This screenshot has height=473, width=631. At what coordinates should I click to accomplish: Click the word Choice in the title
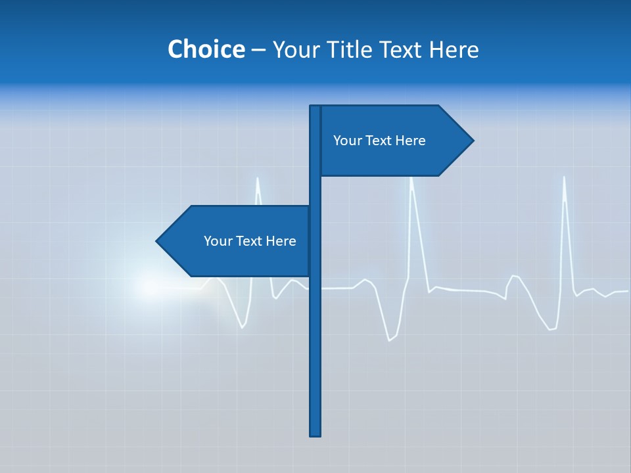206,49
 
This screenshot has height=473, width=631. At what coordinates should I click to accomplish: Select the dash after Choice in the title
258,50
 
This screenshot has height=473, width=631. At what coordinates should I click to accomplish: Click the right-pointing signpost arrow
394,141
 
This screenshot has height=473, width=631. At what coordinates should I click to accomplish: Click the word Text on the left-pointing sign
249,241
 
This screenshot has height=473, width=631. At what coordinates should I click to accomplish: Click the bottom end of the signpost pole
315,434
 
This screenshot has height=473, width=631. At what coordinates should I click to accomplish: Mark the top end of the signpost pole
315,107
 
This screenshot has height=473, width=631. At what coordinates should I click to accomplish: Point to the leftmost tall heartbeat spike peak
257,178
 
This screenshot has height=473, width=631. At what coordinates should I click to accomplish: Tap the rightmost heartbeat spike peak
564,177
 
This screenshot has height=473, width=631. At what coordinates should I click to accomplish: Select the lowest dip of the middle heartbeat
389,340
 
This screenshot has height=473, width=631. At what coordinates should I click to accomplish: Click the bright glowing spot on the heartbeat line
150,287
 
